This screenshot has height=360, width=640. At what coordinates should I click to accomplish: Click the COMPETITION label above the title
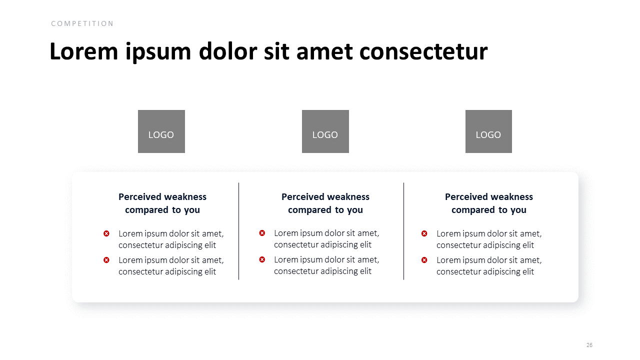(82, 23)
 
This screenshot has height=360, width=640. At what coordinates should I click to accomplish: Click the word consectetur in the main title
(423, 51)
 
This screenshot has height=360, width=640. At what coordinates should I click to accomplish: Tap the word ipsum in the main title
(158, 52)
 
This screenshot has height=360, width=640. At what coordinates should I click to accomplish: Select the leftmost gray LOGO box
(161, 131)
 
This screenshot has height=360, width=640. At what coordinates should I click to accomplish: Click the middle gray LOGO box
(325, 131)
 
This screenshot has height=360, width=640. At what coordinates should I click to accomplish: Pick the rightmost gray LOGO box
(488, 131)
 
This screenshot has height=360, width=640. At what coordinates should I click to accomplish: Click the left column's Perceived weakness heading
(162, 203)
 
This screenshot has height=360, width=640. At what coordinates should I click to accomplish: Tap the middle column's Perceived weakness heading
(325, 203)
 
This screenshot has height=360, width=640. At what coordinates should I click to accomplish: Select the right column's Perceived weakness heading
(489, 203)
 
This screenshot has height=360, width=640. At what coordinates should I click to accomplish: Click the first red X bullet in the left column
(106, 233)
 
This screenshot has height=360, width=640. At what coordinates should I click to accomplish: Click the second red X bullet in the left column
(106, 260)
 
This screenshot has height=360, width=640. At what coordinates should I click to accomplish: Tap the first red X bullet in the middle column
(262, 233)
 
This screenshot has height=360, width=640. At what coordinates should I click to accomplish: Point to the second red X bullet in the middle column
(262, 259)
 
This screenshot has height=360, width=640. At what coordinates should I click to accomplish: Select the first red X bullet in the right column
(424, 233)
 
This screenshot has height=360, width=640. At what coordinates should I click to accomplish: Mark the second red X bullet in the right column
(424, 260)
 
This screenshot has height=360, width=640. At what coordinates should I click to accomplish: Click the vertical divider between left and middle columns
(238, 231)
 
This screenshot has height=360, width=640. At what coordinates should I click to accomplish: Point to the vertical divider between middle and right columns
(403, 231)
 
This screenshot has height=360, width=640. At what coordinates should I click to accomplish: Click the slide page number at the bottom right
(589, 345)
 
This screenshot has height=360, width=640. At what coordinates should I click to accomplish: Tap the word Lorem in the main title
(83, 51)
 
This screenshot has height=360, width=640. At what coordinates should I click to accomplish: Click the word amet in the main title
(324, 52)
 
